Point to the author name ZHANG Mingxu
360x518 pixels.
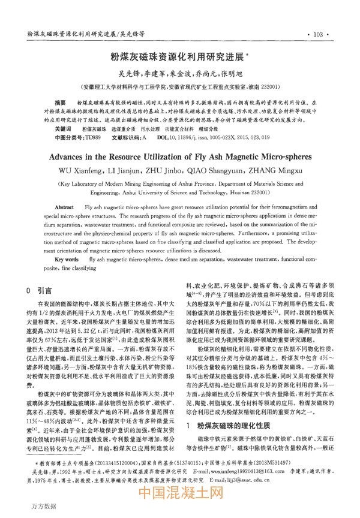(x=280, y=171)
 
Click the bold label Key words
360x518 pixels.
(x=67, y=259)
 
